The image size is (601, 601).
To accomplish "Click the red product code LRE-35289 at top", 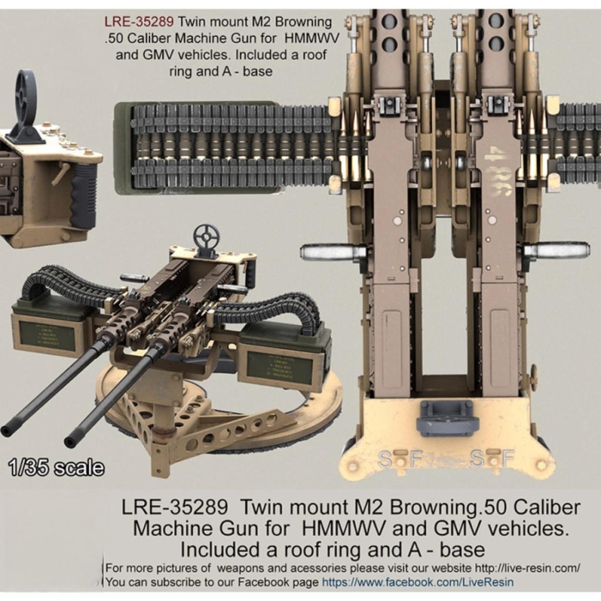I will point(139,23).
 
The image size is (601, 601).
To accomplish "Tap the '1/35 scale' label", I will point(56,468).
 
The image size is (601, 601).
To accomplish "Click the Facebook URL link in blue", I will point(417,582).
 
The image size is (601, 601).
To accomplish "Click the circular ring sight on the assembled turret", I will point(206,236).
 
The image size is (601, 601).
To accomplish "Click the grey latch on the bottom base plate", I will point(447,417).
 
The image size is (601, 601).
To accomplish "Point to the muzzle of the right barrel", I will point(70,441).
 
